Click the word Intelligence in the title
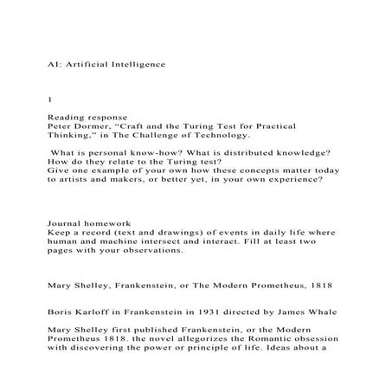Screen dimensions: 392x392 130,64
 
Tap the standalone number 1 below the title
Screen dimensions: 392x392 49,100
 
